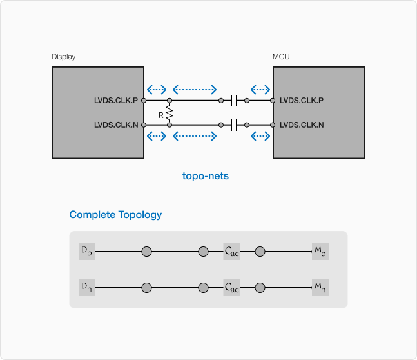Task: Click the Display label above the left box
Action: (63, 57)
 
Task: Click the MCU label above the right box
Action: (281, 57)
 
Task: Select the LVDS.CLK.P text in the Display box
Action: (116, 101)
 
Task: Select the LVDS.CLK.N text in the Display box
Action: (116, 125)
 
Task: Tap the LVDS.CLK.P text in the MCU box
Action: (302, 101)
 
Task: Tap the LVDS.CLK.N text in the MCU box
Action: (302, 125)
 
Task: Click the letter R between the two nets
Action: (161, 114)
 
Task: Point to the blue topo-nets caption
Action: (206, 175)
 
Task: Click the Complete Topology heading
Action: (115, 215)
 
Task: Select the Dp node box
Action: (86, 252)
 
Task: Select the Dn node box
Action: (86, 288)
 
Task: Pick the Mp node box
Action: (320, 252)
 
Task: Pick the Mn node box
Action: (320, 288)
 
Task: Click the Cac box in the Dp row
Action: (231, 252)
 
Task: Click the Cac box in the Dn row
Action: (231, 288)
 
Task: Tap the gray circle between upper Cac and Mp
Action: (260, 252)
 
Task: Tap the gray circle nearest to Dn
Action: (146, 288)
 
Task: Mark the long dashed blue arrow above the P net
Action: (195, 89)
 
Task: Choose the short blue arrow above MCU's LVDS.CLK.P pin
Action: (260, 89)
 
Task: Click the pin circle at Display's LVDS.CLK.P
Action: (144, 101)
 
